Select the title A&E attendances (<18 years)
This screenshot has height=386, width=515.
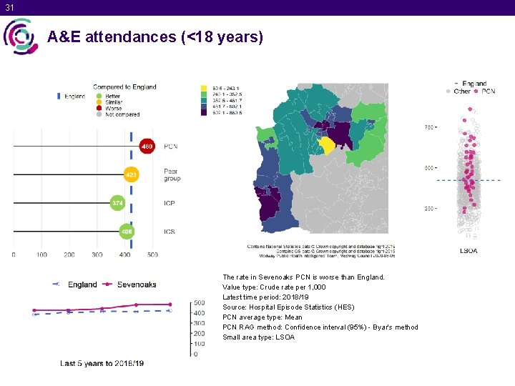[155, 37]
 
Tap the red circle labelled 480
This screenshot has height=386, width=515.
[147, 147]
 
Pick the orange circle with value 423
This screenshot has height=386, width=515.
[132, 174]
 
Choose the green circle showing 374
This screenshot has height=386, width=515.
[117, 204]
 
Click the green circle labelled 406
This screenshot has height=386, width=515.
[127, 232]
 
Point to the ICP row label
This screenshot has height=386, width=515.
[170, 204]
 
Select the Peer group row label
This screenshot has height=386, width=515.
[172, 174]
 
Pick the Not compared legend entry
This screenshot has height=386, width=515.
[122, 114]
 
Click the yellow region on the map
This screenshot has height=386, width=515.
[327, 145]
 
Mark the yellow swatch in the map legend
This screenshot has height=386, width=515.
[204, 88]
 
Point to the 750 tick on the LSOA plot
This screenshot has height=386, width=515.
[430, 127]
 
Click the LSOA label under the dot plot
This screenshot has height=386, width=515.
[468, 251]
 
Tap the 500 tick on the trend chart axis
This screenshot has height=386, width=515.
[200, 302]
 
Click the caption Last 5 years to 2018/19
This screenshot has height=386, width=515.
[102, 363]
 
